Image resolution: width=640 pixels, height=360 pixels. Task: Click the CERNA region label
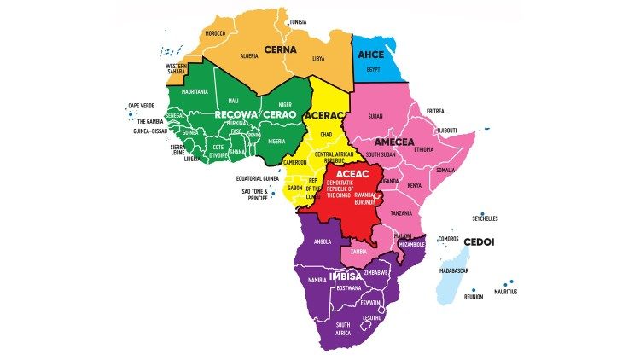[x=280, y=49]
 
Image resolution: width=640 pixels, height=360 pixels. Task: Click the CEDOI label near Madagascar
[x=480, y=242]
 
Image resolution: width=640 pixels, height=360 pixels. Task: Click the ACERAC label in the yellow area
[x=326, y=115]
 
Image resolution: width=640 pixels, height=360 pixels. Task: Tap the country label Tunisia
[x=298, y=21]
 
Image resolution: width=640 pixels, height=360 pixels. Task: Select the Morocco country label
[x=215, y=33]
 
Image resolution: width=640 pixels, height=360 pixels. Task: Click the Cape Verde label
[x=141, y=107]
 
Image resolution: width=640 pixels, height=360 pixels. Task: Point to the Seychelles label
[x=485, y=218]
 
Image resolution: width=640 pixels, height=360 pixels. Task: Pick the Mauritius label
[x=503, y=292]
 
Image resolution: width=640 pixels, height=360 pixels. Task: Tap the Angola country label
[x=323, y=241]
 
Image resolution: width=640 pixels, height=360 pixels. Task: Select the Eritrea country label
[x=435, y=111]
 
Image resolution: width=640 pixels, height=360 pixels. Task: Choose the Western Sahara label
[x=177, y=67]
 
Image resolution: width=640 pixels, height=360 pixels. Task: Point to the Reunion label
[x=473, y=297]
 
